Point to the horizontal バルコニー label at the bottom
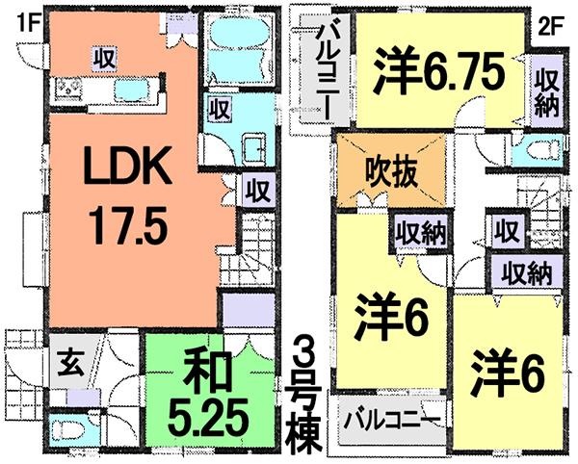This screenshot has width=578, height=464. coord(392,421)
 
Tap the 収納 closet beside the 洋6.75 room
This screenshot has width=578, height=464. coord(549,88)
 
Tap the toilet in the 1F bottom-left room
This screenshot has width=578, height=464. coord(68,427)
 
